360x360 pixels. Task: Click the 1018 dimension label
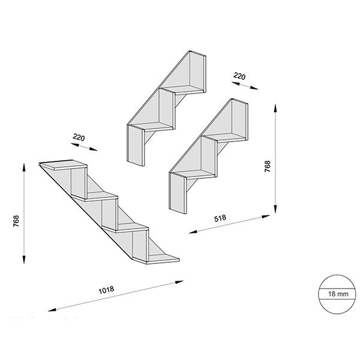point(107,290)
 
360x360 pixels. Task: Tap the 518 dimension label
point(219,218)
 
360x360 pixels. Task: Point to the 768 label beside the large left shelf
point(17,222)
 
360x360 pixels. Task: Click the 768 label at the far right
point(267,166)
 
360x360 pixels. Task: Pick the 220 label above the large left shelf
point(78,137)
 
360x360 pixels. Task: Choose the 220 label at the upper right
point(239,76)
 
